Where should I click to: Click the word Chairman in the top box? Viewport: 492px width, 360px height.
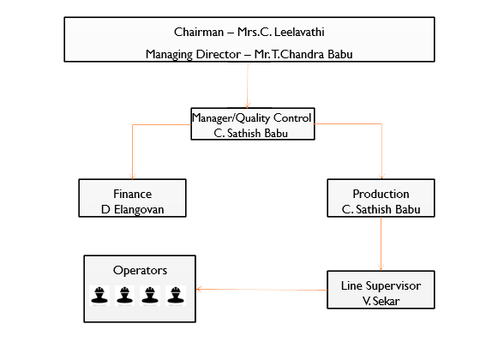coord(199,32)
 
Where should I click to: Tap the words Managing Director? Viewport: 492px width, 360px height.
coord(194,55)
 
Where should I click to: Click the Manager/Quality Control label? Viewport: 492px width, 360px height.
coord(252,118)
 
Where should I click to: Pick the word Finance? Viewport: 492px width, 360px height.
coord(132,194)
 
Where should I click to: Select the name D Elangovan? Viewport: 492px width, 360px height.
coord(132,209)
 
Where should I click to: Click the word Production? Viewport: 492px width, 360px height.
coord(381,194)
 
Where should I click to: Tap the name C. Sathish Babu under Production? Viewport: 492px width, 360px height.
coord(381,209)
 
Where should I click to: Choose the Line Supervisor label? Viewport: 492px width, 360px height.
coord(381,286)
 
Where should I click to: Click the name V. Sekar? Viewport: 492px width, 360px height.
coord(381,301)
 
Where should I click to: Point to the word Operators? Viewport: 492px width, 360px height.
coord(140,270)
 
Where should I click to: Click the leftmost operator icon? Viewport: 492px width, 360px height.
coord(99,296)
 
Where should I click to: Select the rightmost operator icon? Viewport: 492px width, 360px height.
coord(176,296)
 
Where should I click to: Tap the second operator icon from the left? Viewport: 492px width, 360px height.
coord(124,296)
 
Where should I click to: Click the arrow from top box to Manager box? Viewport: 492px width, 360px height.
coord(248,85)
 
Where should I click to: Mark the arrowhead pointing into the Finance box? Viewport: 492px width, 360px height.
coord(132,177)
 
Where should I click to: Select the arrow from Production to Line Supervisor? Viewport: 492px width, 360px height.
coord(381,244)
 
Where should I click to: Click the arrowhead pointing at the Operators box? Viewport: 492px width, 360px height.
coord(199,289)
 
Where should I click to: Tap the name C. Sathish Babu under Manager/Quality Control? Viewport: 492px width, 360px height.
coord(250,134)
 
